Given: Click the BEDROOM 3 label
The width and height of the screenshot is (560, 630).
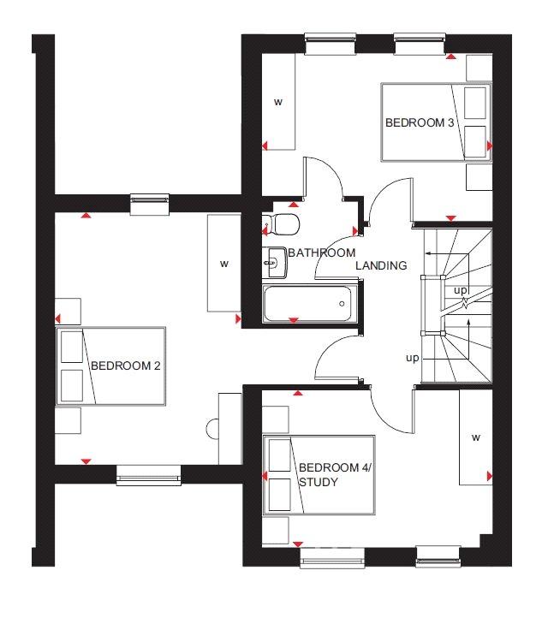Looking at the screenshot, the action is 420,122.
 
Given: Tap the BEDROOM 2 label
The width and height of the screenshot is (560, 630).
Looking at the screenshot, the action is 125,366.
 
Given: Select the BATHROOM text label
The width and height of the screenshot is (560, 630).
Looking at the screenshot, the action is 322,253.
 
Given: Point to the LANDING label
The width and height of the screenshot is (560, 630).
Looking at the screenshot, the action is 381,265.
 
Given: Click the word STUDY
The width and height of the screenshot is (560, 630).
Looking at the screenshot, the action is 318,482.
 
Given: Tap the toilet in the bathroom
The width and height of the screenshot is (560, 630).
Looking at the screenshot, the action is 281,224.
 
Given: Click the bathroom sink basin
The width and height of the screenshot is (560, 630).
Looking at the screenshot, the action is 274,263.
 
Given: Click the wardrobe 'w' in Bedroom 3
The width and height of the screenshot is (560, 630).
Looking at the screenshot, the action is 278,102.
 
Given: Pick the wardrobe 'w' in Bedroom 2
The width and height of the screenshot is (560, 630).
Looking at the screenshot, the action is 224,264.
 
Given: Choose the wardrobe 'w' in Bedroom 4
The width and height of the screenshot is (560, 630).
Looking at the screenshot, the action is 476,437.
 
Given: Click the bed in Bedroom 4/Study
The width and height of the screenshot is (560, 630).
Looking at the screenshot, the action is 319,475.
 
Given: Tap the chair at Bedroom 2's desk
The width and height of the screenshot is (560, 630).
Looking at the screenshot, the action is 212,429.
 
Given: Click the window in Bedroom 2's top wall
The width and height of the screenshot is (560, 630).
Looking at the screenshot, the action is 150,204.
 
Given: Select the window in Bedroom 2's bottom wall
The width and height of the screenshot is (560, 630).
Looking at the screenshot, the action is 149,475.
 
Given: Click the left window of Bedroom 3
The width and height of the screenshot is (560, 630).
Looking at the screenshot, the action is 331,44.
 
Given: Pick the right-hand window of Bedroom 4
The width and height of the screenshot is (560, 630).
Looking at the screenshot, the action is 438,556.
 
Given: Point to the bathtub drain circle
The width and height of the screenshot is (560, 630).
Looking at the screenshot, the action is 342,304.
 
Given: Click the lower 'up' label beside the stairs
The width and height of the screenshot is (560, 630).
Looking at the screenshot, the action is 413,358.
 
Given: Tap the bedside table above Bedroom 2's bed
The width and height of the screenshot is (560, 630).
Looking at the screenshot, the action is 68,312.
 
